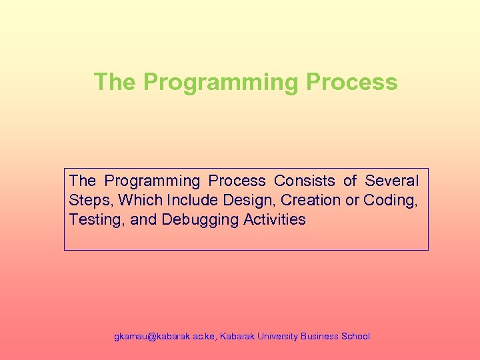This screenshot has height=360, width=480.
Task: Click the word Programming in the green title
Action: (x=221, y=83)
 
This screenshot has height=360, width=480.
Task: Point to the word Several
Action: (x=392, y=181)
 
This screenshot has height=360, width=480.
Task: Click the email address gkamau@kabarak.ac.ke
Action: (x=165, y=337)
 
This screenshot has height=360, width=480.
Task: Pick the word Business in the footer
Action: (x=319, y=337)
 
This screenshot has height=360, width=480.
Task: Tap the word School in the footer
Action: (x=355, y=337)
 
